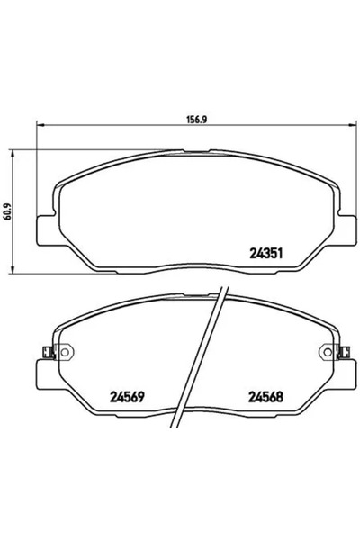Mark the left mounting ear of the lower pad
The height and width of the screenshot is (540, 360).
40,373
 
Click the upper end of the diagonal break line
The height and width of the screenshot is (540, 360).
223,290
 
